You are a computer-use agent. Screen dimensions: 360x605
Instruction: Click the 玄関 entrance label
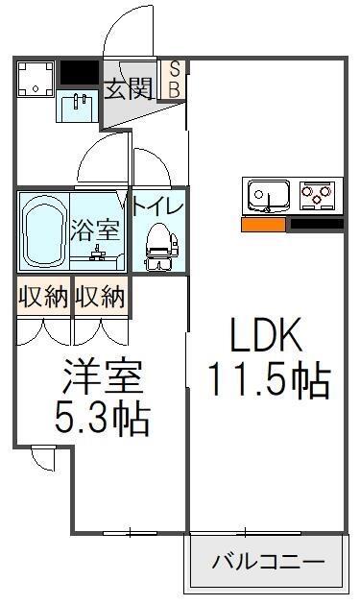(129, 88)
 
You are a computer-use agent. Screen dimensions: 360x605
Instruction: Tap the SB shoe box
(174, 81)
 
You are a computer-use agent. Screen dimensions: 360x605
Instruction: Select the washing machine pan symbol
(36, 80)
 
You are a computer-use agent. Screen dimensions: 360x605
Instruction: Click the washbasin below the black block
(79, 105)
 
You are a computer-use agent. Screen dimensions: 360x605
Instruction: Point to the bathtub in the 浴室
(43, 230)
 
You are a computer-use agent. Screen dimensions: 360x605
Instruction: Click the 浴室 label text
(95, 230)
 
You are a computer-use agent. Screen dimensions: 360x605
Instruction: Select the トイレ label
(157, 206)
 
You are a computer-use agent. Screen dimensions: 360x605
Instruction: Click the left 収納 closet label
(43, 297)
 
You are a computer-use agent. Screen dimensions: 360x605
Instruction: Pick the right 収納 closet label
(100, 297)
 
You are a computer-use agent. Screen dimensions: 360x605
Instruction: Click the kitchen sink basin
(269, 195)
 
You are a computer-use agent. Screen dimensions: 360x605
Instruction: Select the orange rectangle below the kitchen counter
(264, 225)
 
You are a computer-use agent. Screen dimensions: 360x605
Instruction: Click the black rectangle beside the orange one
(317, 224)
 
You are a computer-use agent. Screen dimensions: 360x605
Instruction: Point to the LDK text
(266, 334)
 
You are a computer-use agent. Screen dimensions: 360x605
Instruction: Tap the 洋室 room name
(103, 376)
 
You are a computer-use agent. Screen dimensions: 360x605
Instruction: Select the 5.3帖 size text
(103, 419)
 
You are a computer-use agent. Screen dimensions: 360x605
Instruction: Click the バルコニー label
(268, 562)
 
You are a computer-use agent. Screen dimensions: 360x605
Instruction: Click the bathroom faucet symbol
(97, 253)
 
